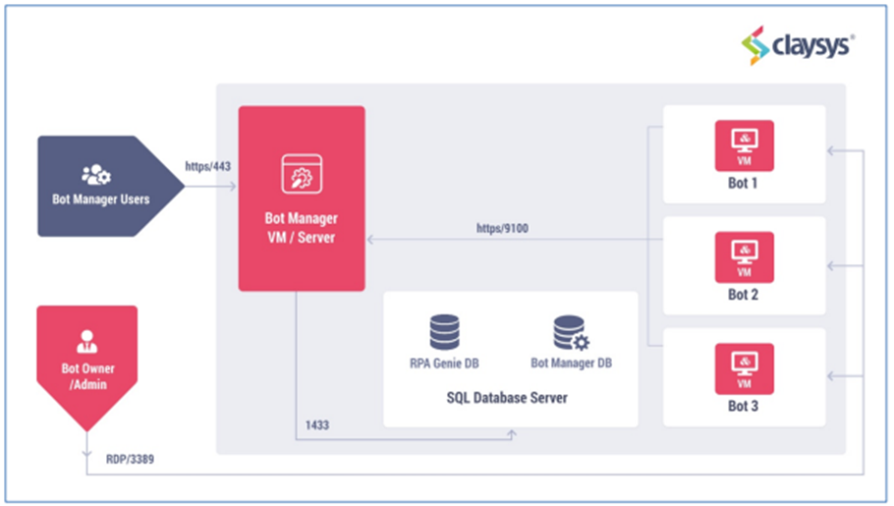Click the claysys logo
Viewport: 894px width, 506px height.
797,45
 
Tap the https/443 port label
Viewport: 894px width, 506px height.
207,167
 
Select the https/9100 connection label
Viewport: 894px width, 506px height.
502,228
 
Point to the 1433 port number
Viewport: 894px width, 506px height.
317,425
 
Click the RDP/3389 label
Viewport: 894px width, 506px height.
130,459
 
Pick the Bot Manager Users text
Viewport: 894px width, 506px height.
101,199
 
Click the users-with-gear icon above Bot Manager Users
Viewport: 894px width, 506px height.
96,175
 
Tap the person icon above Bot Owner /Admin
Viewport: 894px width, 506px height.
86,341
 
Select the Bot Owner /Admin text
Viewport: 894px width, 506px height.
87,376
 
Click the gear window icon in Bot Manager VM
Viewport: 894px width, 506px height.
302,174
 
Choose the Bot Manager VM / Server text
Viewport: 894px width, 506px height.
301,228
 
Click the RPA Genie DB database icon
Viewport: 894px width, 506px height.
445,332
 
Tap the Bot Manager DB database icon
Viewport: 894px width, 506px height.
572,333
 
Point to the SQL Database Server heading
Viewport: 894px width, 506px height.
507,398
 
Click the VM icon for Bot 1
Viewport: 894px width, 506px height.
745,145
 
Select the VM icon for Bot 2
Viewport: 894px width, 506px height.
745,257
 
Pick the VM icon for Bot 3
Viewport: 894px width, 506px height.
745,368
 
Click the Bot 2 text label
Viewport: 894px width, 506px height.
743,295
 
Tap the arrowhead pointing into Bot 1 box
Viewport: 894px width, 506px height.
831,150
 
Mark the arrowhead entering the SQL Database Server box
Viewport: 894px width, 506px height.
512,434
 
